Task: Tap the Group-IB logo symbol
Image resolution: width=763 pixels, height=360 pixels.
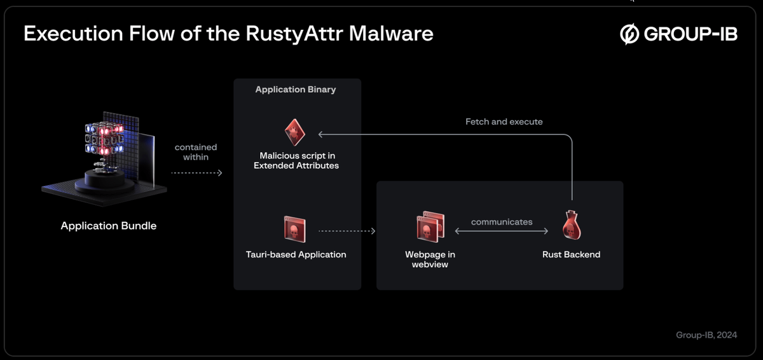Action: coord(629,34)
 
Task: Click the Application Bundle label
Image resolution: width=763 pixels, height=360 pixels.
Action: coord(109,226)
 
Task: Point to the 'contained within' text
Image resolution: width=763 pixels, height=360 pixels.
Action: coord(196,152)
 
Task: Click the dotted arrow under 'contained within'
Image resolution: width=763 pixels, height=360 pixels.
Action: coord(196,172)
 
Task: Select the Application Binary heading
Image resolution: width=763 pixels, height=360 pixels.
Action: coord(296,90)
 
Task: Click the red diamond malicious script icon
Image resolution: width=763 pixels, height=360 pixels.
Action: coord(295,132)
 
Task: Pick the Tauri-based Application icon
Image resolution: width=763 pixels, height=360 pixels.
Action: coord(295,229)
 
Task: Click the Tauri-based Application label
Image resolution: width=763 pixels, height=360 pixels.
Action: coord(296,254)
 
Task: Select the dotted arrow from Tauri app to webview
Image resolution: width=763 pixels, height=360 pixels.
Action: coord(347,231)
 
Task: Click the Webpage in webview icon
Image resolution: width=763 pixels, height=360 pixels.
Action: coord(430,227)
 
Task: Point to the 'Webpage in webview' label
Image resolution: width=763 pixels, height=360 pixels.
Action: coord(430,259)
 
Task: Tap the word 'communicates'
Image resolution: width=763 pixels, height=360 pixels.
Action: coord(502,222)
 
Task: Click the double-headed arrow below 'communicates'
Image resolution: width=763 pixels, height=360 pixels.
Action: coord(502,232)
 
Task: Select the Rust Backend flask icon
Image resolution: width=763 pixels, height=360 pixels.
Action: coord(572,225)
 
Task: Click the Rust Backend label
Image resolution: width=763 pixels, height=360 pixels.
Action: coord(571,254)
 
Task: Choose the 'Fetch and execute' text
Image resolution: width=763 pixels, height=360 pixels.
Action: coord(504,121)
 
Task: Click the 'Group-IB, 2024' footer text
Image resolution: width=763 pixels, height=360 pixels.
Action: coord(706,335)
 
